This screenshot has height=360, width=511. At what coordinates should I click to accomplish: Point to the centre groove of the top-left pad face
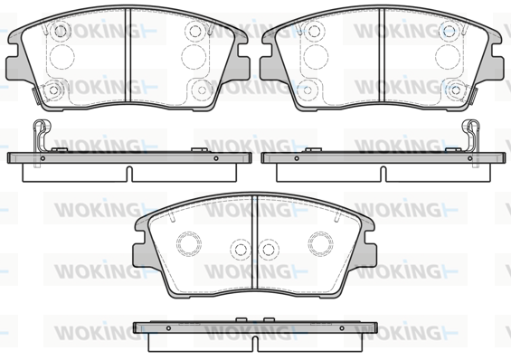(x=128, y=55)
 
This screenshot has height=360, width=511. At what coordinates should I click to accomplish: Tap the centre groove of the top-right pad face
(x=382, y=55)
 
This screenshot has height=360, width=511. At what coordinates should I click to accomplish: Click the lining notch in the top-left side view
(x=129, y=174)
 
